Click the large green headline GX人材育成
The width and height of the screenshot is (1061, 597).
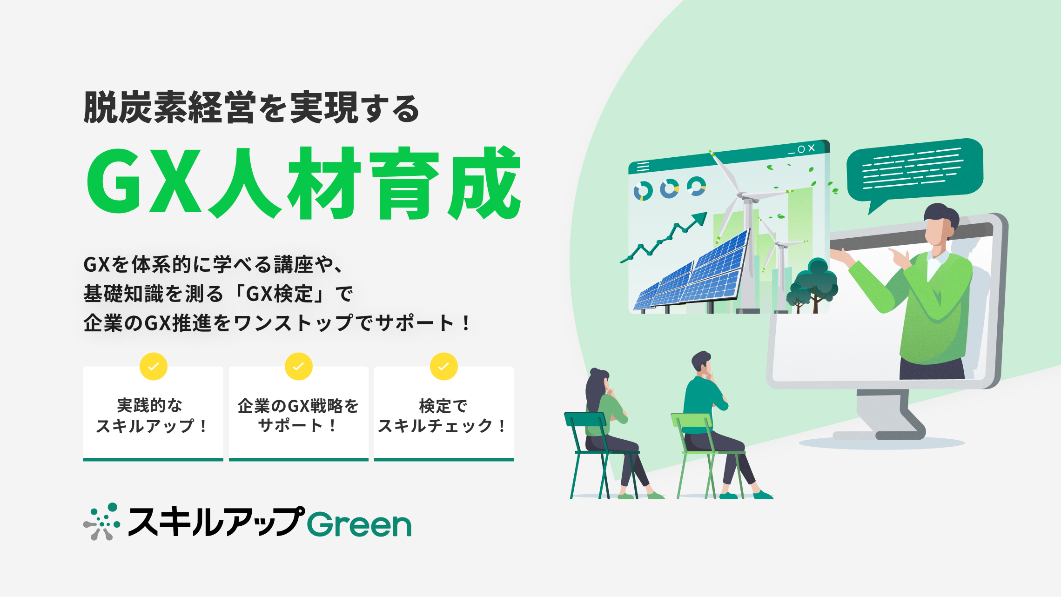click(x=303, y=182)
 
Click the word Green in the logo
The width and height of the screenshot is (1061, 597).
click(x=359, y=524)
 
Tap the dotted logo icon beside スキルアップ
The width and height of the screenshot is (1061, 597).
click(x=102, y=522)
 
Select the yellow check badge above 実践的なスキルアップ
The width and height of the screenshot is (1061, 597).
click(x=154, y=367)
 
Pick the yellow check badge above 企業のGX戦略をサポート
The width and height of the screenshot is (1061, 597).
click(x=299, y=367)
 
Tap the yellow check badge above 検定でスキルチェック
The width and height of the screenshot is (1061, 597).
click(x=444, y=367)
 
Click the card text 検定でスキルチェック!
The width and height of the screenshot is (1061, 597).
click(x=443, y=416)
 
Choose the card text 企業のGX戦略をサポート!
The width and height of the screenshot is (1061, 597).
click(x=298, y=416)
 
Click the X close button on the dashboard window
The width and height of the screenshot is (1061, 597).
click(x=812, y=148)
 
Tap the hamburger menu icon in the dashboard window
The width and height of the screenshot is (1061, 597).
click(x=643, y=166)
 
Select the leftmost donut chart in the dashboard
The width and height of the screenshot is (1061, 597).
click(x=643, y=191)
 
